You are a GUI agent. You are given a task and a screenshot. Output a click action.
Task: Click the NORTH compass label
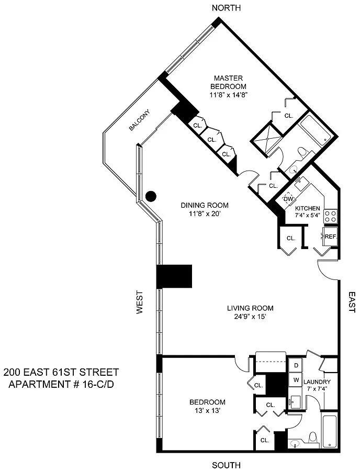(x=226, y=8)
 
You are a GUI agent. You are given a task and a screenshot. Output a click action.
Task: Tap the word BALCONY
(x=139, y=120)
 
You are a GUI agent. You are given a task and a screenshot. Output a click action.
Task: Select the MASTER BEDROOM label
(x=228, y=82)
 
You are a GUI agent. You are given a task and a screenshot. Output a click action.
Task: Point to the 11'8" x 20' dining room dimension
(x=205, y=214)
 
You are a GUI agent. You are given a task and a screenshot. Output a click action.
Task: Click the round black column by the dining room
(x=151, y=196)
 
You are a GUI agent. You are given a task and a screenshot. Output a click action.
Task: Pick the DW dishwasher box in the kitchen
(x=288, y=199)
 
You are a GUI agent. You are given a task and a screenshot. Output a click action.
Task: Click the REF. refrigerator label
(x=331, y=237)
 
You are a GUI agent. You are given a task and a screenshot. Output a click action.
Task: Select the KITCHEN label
(x=308, y=208)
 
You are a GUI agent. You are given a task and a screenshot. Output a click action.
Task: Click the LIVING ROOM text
(x=250, y=308)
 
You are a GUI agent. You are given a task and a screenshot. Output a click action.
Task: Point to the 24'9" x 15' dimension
(x=250, y=317)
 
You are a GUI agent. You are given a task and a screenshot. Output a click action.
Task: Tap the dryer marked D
(x=296, y=366)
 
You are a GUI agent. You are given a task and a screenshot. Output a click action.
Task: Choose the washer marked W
(x=296, y=380)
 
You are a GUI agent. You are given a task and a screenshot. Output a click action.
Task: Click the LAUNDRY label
(x=317, y=382)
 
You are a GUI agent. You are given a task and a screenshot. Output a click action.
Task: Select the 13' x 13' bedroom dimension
(x=208, y=411)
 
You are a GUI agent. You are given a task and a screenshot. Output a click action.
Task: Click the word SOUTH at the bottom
(x=226, y=465)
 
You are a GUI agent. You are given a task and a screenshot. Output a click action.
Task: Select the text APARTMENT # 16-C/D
(x=61, y=384)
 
